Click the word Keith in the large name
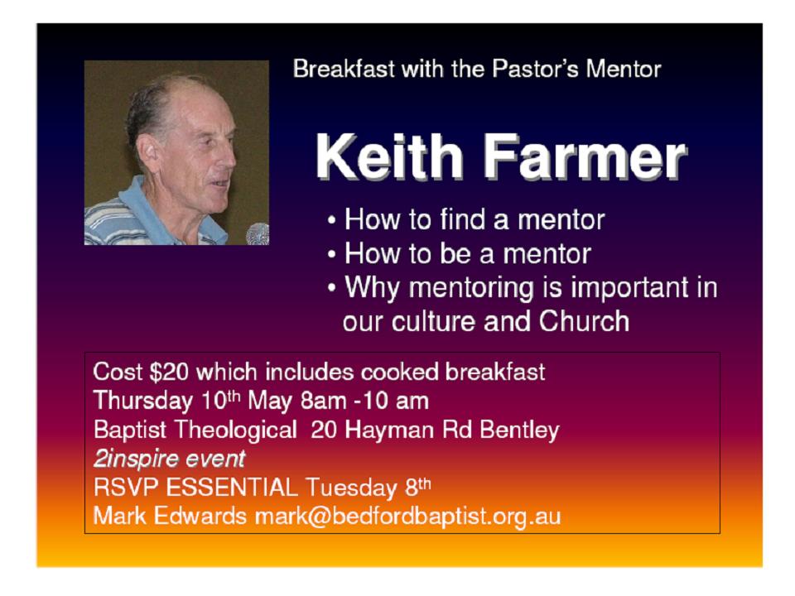[390, 156]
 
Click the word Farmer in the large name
[584, 156]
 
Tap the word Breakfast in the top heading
[344, 69]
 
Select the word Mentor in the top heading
[623, 69]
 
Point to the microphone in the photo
[258, 233]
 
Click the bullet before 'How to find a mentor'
[331, 221]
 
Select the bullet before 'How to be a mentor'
[331, 255]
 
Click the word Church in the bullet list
[584, 321]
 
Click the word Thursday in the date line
[143, 401]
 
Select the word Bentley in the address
[519, 430]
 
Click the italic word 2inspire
[134, 459]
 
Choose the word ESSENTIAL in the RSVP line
[232, 488]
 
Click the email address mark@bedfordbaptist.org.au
[407, 517]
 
